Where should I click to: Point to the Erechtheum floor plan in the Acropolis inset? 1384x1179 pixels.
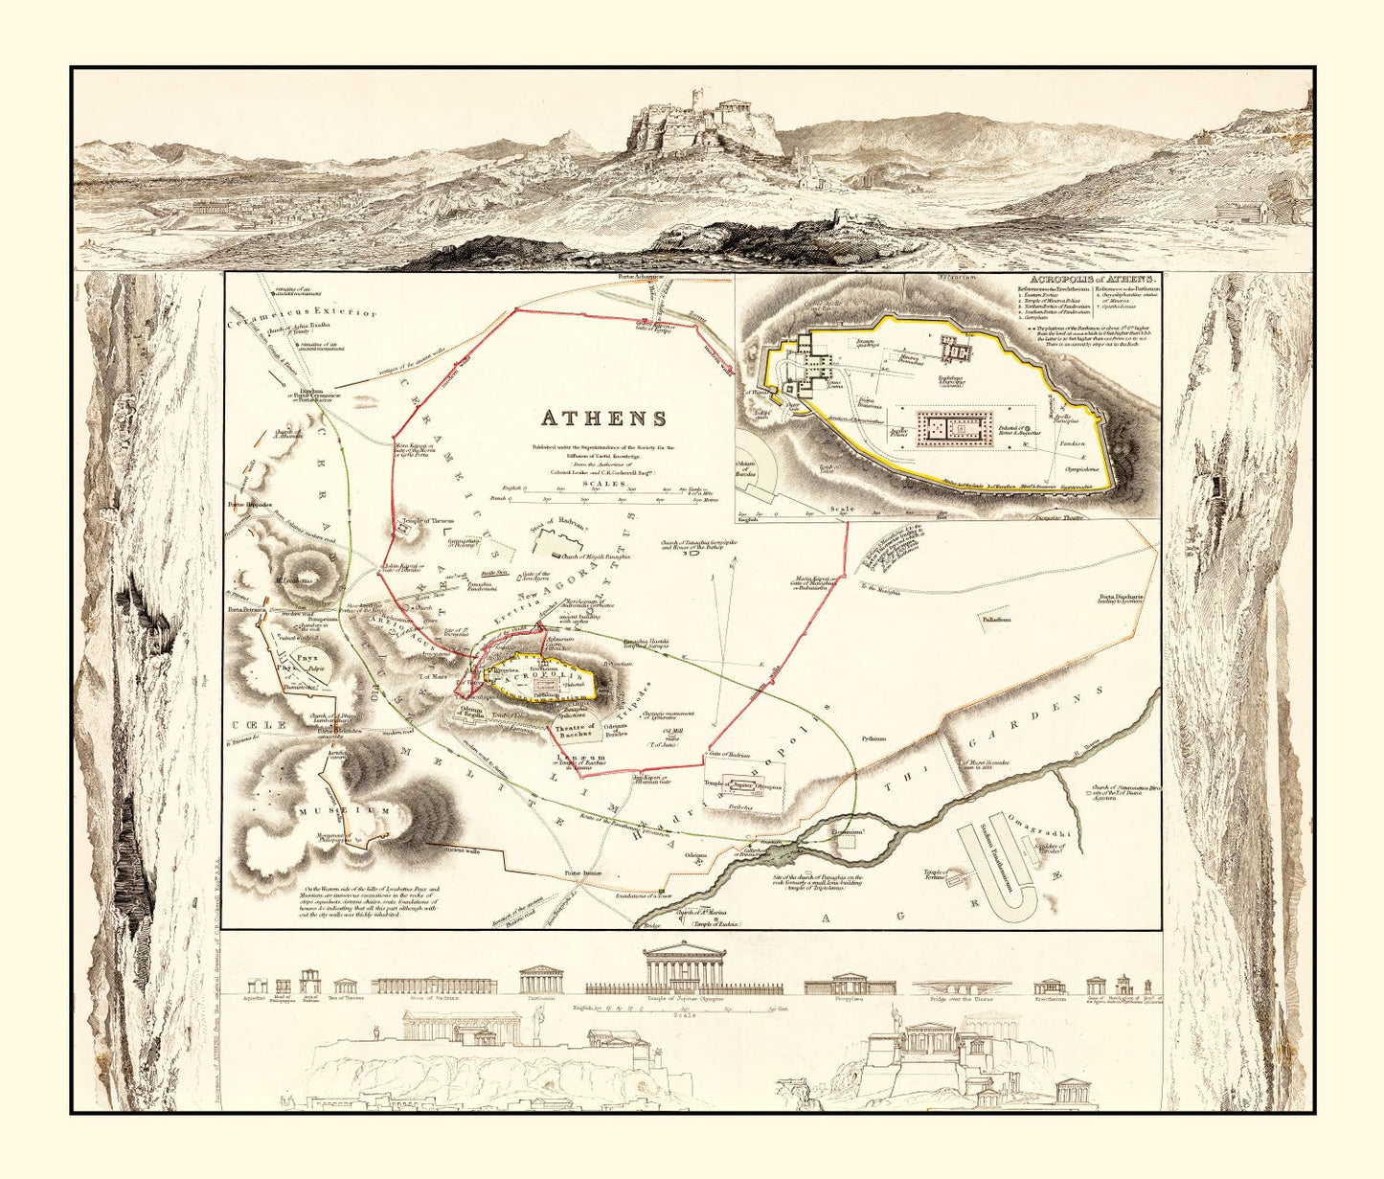[958, 350]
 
